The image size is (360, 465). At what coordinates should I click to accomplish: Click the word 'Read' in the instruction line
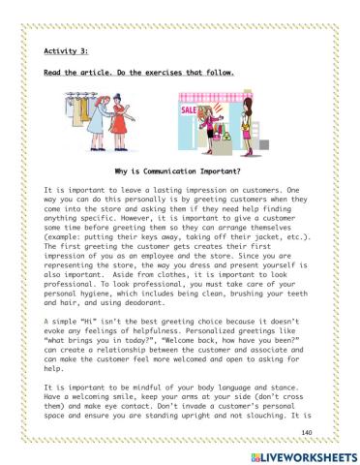[x=54, y=73]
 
